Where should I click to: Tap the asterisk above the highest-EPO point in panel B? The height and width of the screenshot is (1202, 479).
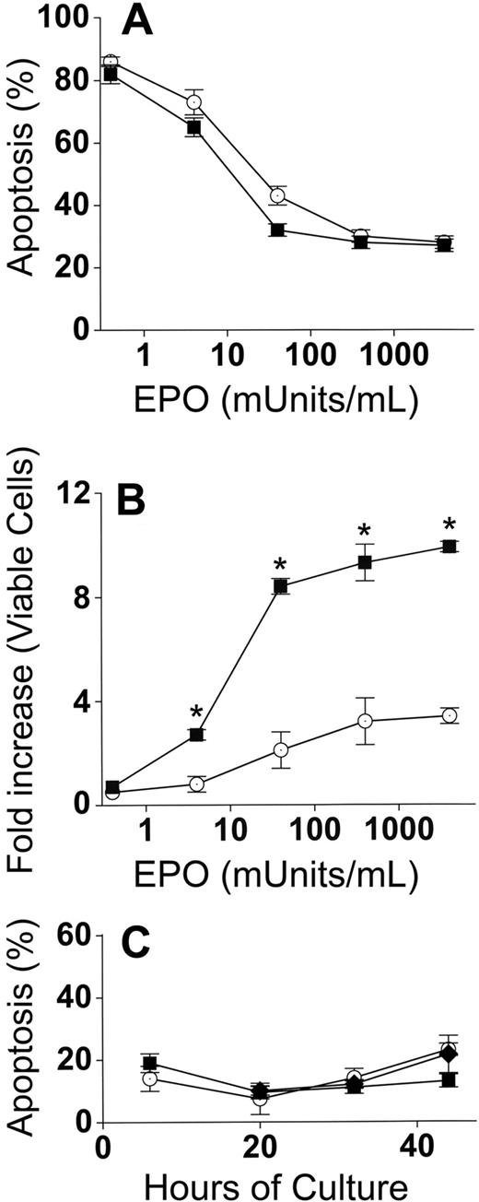[449, 523]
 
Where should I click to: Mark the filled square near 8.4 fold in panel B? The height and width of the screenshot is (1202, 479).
[280, 585]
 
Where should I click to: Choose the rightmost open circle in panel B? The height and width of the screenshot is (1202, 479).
[449, 715]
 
